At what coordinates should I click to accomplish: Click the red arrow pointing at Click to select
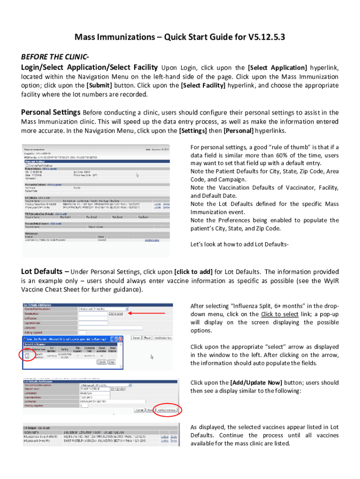point(145,313)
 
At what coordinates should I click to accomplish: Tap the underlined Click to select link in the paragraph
point(280,314)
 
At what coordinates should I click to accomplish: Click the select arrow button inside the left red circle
point(27,356)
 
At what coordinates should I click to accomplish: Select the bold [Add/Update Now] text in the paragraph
point(256,383)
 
